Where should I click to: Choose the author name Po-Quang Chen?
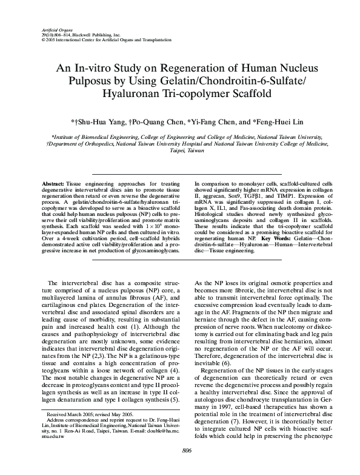click(164, 121)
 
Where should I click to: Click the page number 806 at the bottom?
click(180, 467)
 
